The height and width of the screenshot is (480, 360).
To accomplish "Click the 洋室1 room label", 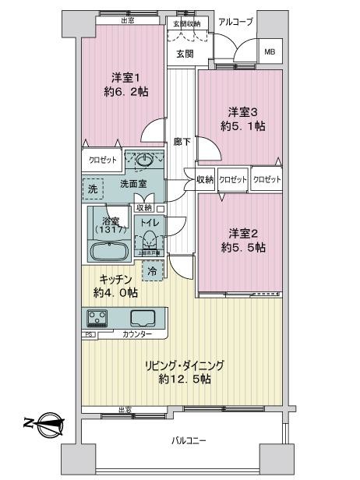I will [125, 77].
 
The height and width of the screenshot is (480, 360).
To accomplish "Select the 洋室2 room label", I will [237, 233].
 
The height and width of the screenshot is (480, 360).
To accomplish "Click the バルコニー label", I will [189, 441].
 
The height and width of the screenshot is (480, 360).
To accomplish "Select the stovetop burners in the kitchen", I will [100, 318].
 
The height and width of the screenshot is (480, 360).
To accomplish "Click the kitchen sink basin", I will [143, 318].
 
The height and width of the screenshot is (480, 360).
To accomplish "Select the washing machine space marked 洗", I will [93, 189].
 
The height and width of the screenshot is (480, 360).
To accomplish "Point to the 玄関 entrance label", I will [184, 54].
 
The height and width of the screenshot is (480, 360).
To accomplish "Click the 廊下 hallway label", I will [182, 142].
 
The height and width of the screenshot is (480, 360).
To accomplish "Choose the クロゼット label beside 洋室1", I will [102, 160].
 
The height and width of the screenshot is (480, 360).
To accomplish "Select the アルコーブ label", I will [235, 22].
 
